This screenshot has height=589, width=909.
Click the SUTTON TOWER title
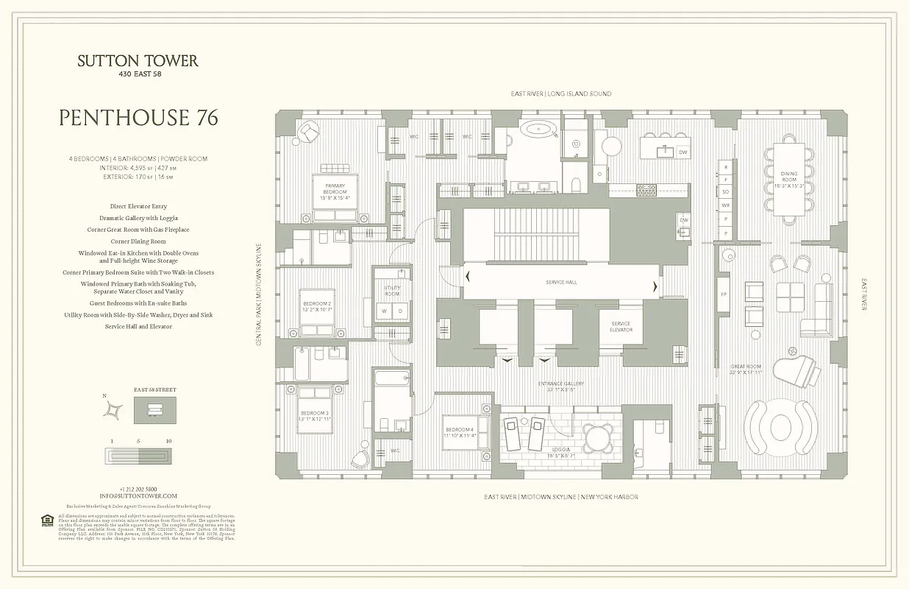[138, 61]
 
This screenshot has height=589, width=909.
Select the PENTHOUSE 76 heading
[138, 118]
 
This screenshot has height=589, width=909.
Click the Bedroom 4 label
[459, 432]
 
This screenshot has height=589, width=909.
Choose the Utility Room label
[392, 291]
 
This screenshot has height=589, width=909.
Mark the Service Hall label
[561, 282]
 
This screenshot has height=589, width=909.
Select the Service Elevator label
[621, 327]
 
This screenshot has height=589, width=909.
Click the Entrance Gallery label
[560, 387]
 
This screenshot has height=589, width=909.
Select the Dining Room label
[789, 177]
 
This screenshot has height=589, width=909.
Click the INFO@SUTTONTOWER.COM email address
[138, 496]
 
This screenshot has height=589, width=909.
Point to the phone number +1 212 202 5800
[138, 489]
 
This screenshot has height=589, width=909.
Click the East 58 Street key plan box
[154, 409]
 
